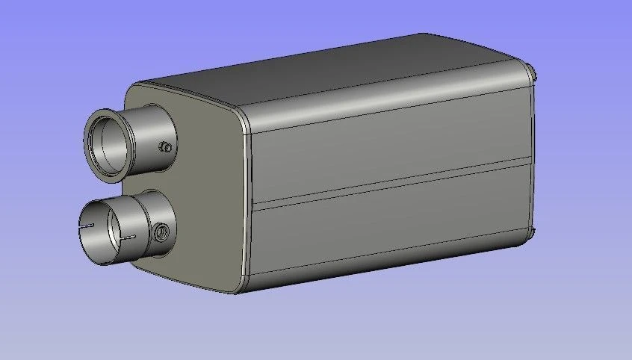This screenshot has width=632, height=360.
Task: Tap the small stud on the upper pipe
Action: point(166,146)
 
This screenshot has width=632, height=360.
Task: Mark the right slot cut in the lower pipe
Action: point(128,238)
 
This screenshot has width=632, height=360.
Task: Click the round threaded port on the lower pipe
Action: point(161,234)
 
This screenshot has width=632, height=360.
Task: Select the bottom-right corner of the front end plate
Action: point(239,287)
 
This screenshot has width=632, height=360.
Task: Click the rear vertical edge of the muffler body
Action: point(532,149)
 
